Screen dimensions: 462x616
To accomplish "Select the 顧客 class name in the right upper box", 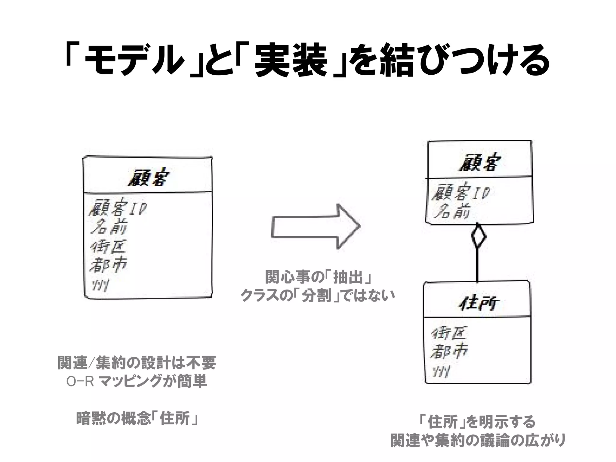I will (x=479, y=163).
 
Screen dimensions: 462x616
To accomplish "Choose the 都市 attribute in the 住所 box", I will (x=449, y=351).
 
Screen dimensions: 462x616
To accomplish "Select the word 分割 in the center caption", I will (x=316, y=296).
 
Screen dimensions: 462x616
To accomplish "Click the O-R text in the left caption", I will (x=80, y=382).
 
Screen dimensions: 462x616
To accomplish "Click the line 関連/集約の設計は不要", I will (x=137, y=363).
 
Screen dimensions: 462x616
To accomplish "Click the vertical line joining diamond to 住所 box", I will (x=477, y=265).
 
